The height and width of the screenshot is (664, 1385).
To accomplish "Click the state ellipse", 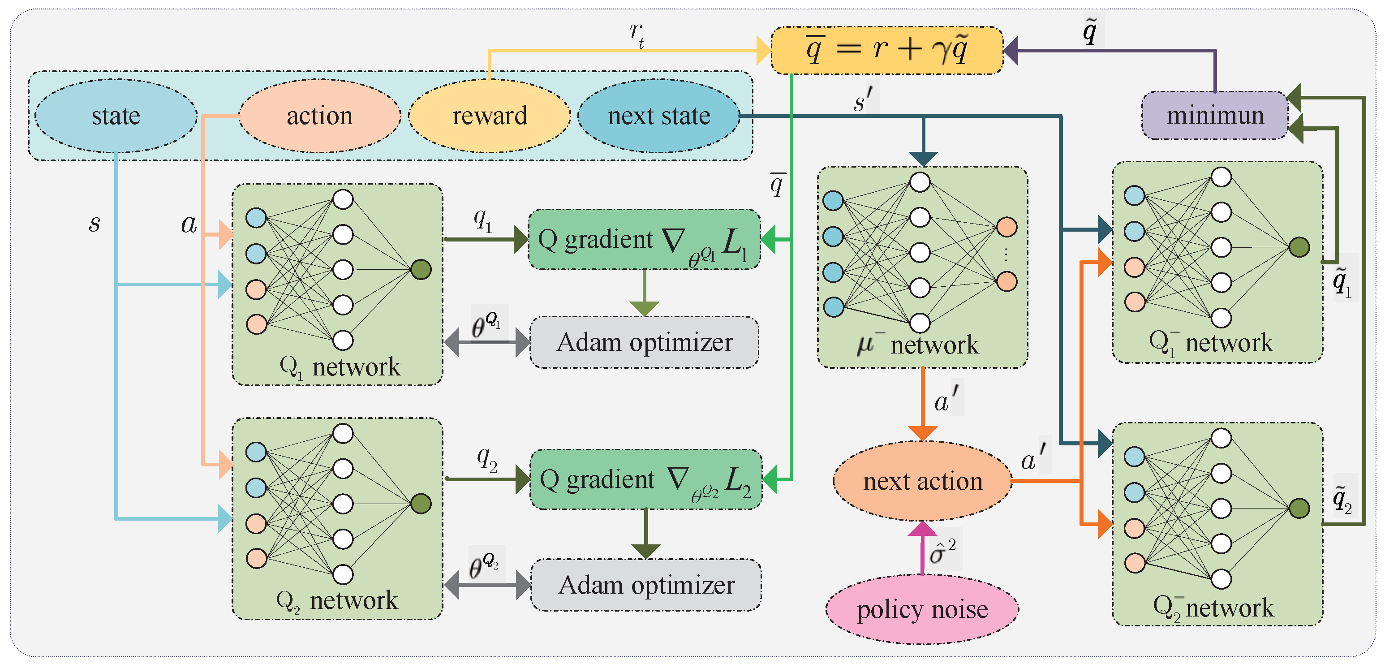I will coord(116,116).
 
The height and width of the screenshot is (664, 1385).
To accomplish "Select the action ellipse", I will coord(319,116).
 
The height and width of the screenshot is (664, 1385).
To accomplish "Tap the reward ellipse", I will coord(489,116).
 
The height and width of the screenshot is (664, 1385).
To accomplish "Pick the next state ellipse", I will coord(658,116).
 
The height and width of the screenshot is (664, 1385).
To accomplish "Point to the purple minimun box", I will coord(1215,115).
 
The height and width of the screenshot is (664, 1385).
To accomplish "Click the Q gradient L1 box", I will coord(644,240).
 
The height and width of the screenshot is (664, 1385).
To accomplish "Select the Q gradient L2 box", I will coord(646,479).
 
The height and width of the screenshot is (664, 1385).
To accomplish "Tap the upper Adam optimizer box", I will coord(644,342).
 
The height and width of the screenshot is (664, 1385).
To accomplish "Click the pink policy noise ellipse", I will coord(922,609).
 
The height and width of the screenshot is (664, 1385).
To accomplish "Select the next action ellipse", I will coord(922,481).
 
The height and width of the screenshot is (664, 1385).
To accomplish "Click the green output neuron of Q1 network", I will coord(421,269).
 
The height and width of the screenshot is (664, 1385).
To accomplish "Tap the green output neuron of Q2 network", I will coord(421,504).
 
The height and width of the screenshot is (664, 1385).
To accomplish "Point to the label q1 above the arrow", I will coord(482,219).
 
